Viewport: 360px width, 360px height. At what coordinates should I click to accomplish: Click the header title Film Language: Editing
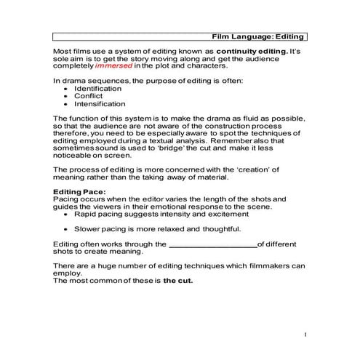[258, 36]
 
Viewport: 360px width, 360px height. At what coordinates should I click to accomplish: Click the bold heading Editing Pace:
[80, 191]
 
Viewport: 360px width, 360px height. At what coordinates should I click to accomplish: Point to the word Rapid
[87, 215]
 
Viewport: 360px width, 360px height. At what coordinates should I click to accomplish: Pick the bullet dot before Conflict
[67, 96]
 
